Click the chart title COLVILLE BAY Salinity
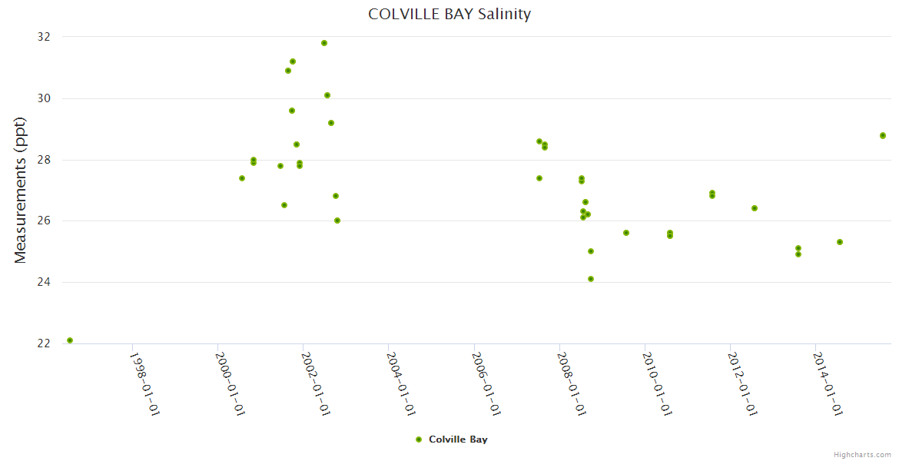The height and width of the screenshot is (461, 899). click(449, 15)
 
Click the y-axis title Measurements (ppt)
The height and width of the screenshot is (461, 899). click(21, 191)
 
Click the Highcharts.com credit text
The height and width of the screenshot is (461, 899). click(862, 454)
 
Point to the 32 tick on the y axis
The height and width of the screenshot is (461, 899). click(44, 37)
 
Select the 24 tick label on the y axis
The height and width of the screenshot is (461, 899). click(44, 282)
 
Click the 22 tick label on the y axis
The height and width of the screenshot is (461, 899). click(44, 343)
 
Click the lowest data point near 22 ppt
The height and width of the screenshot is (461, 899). click(70, 340)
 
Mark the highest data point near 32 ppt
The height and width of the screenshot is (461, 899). click(324, 43)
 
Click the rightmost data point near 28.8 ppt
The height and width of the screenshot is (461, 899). click(883, 135)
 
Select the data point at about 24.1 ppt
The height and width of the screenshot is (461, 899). click(591, 279)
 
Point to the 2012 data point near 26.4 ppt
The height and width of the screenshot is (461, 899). click(755, 208)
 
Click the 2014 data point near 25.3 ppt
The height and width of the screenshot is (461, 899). click(840, 242)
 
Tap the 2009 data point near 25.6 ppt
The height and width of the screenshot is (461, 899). click(626, 233)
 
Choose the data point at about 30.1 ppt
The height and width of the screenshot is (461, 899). click(327, 95)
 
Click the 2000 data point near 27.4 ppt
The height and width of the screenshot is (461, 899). click(242, 178)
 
